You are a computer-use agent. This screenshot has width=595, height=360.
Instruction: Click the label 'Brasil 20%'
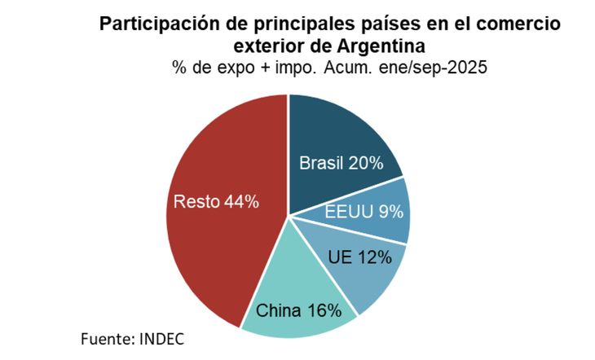coord(341,163)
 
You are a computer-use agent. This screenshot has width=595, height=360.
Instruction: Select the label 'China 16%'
coord(297,310)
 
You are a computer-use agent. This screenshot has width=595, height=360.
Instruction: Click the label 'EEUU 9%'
coord(364,213)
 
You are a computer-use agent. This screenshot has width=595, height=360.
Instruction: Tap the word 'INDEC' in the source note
coord(170,337)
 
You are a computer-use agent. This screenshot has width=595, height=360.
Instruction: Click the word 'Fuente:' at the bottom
coord(109,337)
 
